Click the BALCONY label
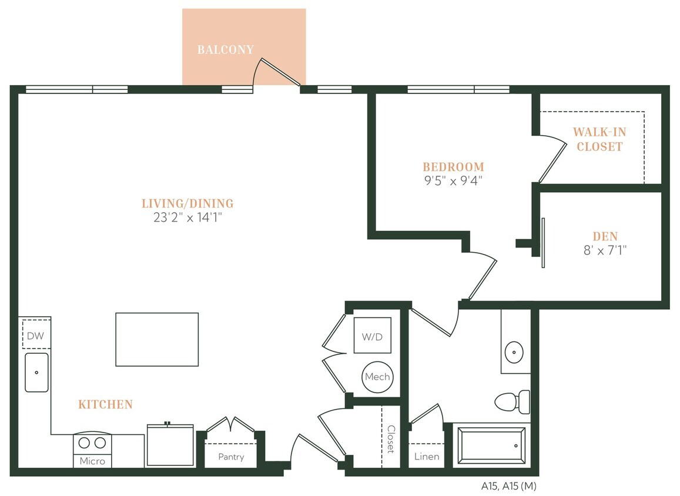pyautogui.click(x=225, y=50)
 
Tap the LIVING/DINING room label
pyautogui.click(x=187, y=204)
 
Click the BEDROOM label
pyautogui.click(x=453, y=167)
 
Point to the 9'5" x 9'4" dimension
pyautogui.click(x=453, y=180)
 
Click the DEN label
pyautogui.click(x=605, y=236)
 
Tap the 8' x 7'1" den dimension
pyautogui.click(x=605, y=250)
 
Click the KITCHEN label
pyautogui.click(x=105, y=404)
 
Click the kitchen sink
pyautogui.click(x=36, y=372)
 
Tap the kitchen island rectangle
pyautogui.click(x=157, y=339)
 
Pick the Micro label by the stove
pyautogui.click(x=92, y=461)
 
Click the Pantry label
pyautogui.click(x=230, y=457)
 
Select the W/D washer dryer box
pyautogui.click(x=371, y=337)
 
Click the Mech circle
pyautogui.click(x=377, y=377)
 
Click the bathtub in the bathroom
pyautogui.click(x=491, y=445)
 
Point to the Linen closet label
pyautogui.click(x=426, y=457)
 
